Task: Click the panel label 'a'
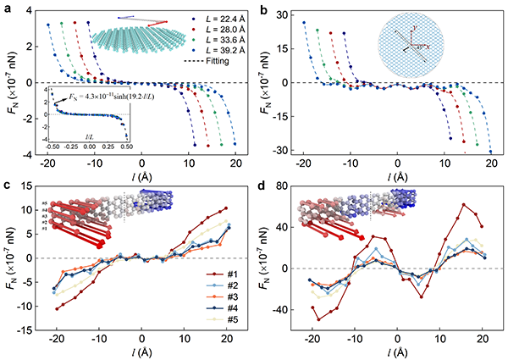pos(7,8)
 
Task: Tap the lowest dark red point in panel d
pos(317,319)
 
